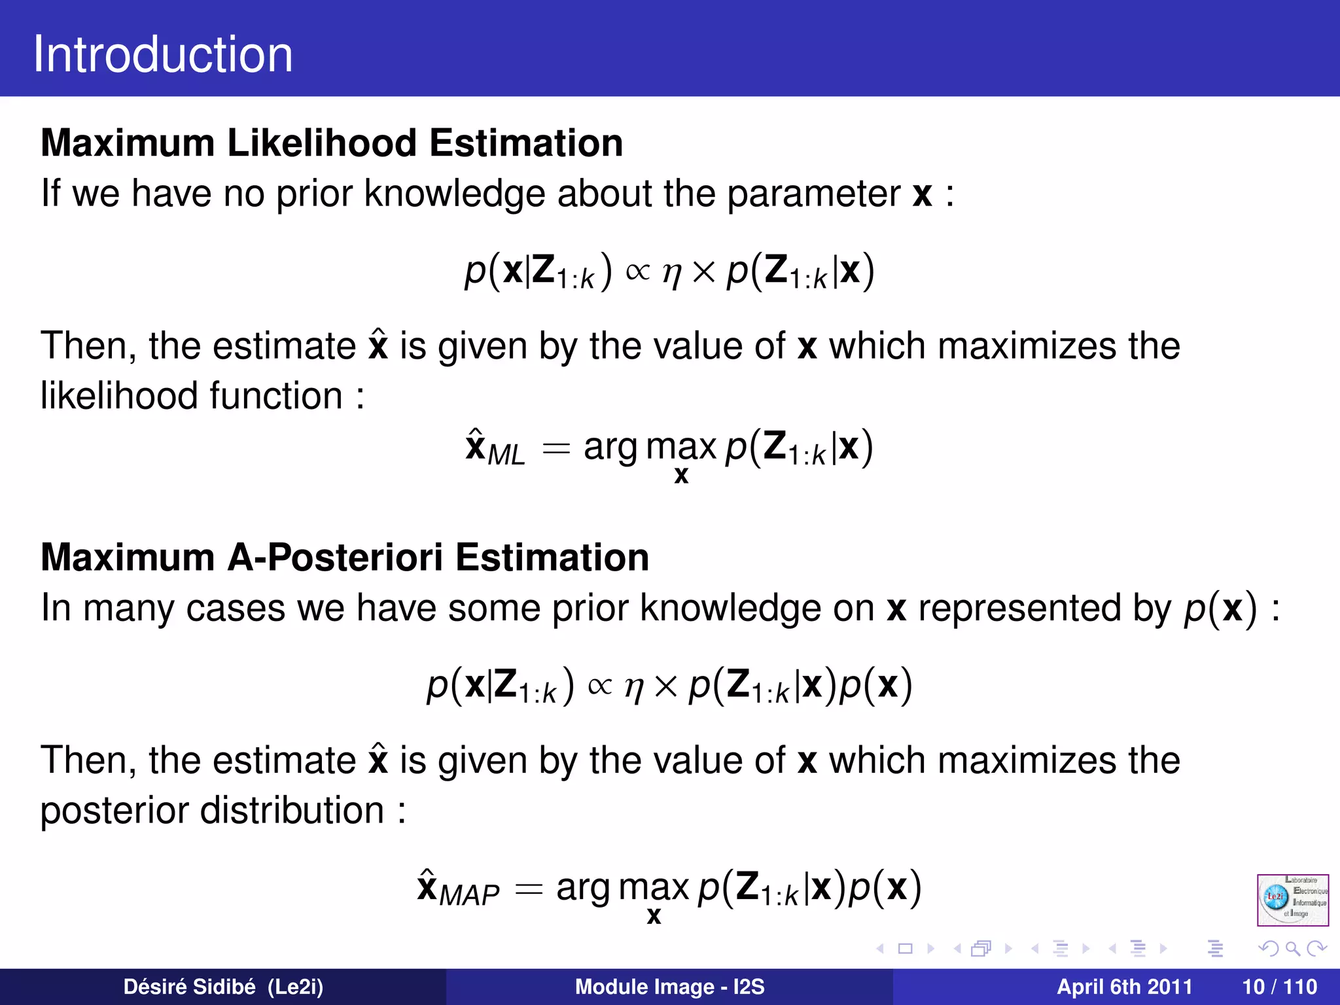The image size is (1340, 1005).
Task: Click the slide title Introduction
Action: (x=163, y=54)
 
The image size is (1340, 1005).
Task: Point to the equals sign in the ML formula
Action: (x=556, y=450)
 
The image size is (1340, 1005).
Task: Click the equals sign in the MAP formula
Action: (x=529, y=889)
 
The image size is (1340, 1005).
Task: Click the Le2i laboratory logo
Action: (x=1292, y=900)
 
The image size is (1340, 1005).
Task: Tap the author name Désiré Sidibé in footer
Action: (x=189, y=987)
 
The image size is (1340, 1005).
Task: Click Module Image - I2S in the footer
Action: (x=669, y=987)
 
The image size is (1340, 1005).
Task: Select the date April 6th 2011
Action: (x=1124, y=987)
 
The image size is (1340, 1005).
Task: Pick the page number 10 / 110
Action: (x=1279, y=987)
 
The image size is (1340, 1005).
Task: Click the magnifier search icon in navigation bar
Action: (x=1292, y=949)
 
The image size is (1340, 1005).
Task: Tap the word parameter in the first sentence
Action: (x=813, y=194)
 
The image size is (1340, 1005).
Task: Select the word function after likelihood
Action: (x=275, y=397)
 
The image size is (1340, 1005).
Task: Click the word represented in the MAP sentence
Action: (x=1019, y=608)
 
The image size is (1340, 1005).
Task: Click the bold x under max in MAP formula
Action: (x=653, y=916)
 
